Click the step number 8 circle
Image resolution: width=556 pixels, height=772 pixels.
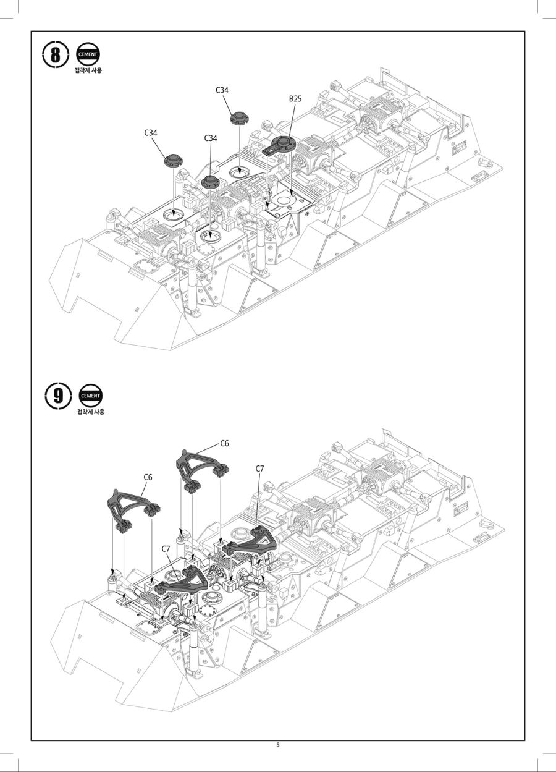coord(56,54)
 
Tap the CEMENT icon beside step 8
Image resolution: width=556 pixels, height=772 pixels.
coord(88,54)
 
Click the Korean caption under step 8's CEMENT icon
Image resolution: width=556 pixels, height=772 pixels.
coord(88,70)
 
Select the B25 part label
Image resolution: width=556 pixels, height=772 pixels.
coord(295,99)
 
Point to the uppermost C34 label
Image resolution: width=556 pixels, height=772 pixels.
coord(222,90)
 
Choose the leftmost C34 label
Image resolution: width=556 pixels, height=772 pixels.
coord(151,133)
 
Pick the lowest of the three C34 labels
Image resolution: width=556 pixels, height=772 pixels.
coord(211,138)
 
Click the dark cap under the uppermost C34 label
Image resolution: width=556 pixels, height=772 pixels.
coord(239,118)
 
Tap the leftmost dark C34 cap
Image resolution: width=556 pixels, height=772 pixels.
coord(173,160)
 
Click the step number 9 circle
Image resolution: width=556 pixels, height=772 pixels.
coord(58,396)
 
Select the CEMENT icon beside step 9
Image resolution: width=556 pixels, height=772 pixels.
coord(91,396)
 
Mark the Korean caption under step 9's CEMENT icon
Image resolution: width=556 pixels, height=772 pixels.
coord(91,412)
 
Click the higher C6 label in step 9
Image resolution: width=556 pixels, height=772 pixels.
coord(225,444)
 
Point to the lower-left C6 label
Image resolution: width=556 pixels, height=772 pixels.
coord(148,477)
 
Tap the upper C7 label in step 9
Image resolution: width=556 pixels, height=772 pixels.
coord(259,469)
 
